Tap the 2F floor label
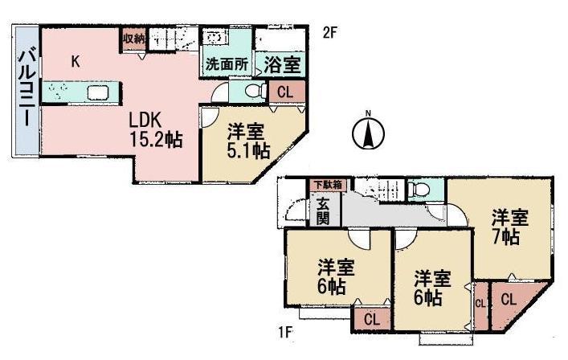[x=329, y=33]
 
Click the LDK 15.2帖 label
[x=156, y=129]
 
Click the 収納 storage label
[x=133, y=38]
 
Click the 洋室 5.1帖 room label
[x=247, y=140]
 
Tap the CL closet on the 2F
[x=285, y=92]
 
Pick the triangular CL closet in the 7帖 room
[x=509, y=300]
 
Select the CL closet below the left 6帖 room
[x=371, y=318]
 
